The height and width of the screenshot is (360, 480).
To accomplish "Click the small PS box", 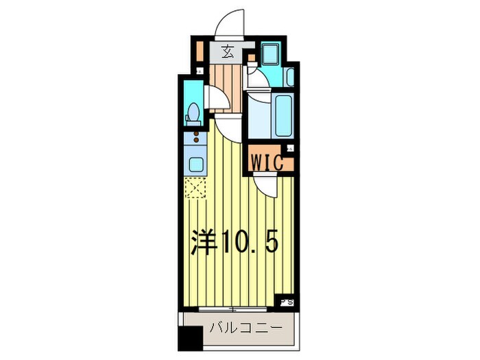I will pyautogui.click(x=286, y=300).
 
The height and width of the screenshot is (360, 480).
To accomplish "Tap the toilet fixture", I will pyautogui.click(x=193, y=111).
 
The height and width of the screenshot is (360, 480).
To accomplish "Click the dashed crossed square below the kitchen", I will pyautogui.click(x=195, y=187).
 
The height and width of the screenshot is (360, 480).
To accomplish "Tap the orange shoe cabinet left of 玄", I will pyautogui.click(x=200, y=52).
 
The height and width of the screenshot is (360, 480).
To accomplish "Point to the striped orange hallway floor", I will pyautogui.click(x=226, y=79).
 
